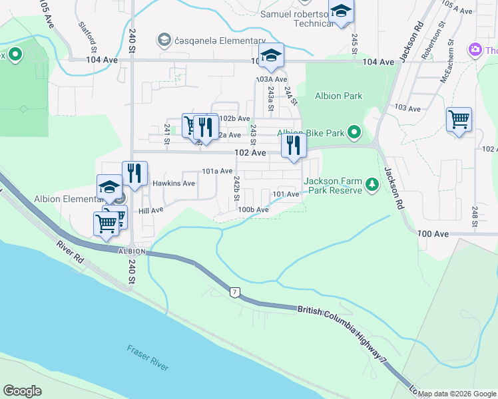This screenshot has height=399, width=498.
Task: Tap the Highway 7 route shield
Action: (x=234, y=292)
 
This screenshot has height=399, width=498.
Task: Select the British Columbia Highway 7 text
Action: (x=343, y=334)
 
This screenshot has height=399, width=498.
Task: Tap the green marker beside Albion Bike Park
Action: (x=354, y=133)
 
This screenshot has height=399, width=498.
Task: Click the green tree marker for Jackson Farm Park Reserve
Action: (x=372, y=190)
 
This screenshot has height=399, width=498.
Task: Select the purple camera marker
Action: (x=475, y=50)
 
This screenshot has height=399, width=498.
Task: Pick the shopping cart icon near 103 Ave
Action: (x=459, y=120)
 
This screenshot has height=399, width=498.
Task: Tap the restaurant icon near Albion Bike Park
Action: (x=293, y=145)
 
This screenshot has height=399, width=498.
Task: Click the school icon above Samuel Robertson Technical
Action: (x=341, y=11)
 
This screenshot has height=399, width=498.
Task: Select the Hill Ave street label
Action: (x=150, y=210)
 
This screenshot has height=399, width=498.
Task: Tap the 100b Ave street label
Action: (x=253, y=209)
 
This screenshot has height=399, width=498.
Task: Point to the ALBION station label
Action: (x=131, y=251)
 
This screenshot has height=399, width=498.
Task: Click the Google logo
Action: (x=22, y=391)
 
